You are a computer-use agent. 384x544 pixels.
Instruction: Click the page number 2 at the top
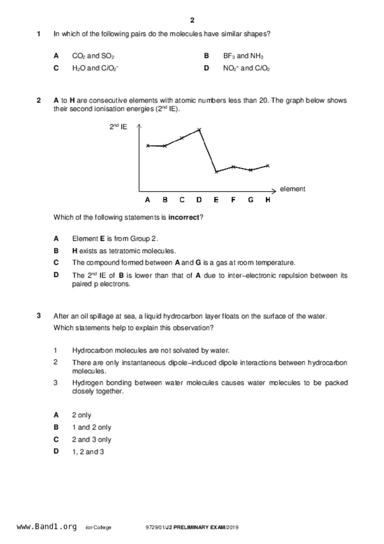192,20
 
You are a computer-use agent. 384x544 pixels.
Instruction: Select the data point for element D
199,129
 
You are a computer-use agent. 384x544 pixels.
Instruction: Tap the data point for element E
217,172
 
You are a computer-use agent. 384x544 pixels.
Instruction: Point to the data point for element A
148,145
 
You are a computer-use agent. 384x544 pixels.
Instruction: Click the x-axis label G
251,200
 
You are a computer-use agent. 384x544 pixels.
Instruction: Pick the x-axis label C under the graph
182,200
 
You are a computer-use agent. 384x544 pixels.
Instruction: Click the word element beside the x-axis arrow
292,189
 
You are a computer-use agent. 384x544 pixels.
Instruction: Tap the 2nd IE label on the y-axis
118,127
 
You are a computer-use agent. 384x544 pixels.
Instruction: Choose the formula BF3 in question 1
229,56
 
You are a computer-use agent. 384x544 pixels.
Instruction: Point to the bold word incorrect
184,217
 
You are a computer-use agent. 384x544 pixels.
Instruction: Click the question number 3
39,316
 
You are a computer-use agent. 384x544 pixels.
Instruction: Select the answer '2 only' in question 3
82,415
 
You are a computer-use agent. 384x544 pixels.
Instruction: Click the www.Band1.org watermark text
46,527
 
